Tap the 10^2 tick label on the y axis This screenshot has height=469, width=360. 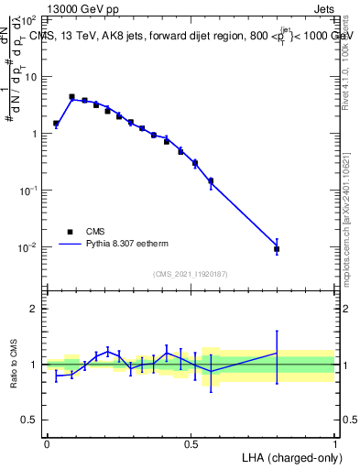pyautogui.click(x=28, y=19)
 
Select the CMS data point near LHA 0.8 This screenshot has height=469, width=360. pyautogui.click(x=277, y=249)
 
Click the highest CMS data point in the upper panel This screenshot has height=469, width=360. pyautogui.click(x=71, y=96)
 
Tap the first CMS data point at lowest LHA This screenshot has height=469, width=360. pyautogui.click(x=56, y=123)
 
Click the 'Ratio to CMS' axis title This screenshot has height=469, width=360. pyautogui.click(x=14, y=365)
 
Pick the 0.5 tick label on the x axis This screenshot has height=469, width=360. pyautogui.click(x=191, y=444)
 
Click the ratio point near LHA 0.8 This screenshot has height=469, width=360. pyautogui.click(x=277, y=353)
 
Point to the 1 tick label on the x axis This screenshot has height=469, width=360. pyautogui.click(x=335, y=444)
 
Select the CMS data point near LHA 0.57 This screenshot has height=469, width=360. pyautogui.click(x=211, y=180)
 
